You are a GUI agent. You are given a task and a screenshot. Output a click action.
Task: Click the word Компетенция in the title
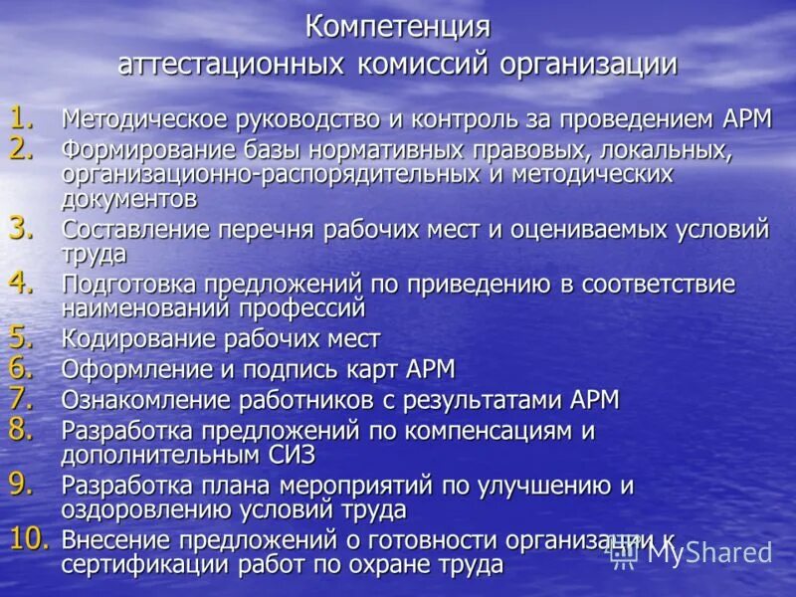click(x=398, y=26)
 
